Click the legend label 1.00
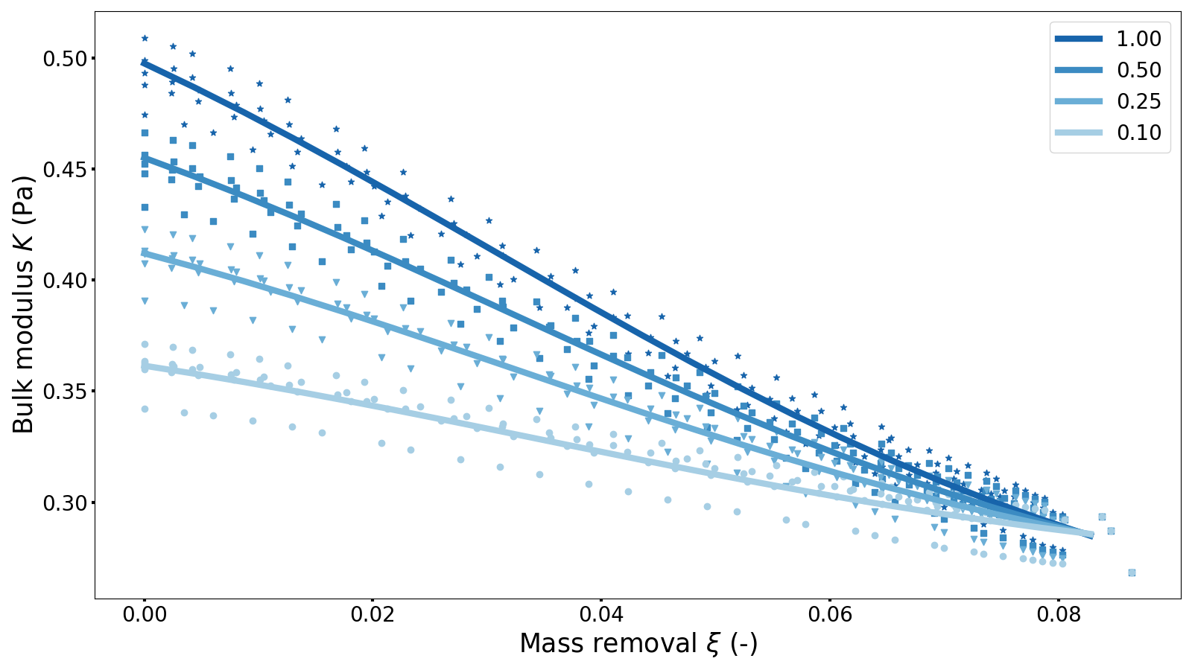tap(1138, 39)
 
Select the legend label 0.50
tap(1138, 70)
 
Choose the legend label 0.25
tap(1138, 101)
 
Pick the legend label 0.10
tap(1138, 133)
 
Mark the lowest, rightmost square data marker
tap(1132, 572)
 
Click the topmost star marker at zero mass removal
tap(145, 38)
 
